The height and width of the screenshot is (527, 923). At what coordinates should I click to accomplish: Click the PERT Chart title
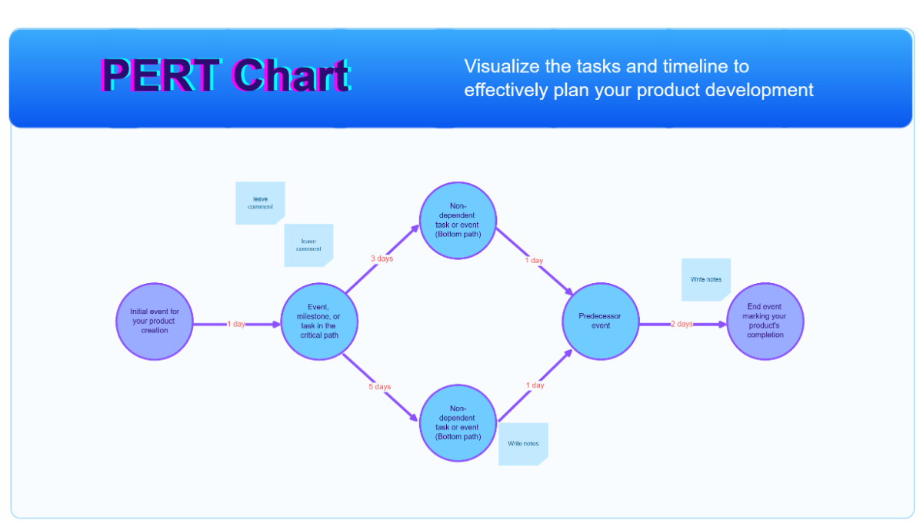pyautogui.click(x=225, y=76)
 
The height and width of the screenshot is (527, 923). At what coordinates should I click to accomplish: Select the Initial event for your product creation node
pyautogui.click(x=155, y=322)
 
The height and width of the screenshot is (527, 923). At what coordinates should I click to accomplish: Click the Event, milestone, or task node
pyautogui.click(x=318, y=322)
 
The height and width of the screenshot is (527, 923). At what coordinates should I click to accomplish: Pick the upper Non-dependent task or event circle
pyautogui.click(x=458, y=220)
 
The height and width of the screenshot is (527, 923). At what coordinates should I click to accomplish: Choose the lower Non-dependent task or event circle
pyautogui.click(x=458, y=423)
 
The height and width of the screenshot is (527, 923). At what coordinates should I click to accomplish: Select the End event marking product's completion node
pyautogui.click(x=765, y=322)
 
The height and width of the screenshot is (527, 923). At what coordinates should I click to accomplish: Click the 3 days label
pyautogui.click(x=382, y=259)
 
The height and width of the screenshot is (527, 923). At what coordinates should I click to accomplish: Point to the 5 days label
pyautogui.click(x=379, y=386)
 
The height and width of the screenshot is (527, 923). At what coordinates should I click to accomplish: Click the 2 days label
pyautogui.click(x=681, y=324)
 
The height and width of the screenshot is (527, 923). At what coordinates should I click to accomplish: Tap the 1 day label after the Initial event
pyautogui.click(x=236, y=324)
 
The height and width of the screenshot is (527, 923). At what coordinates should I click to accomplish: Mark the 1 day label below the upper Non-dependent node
pyautogui.click(x=534, y=261)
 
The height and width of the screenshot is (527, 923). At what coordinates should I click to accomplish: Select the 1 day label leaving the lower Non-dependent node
pyautogui.click(x=535, y=385)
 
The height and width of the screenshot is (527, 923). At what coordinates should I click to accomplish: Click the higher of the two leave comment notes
pyautogui.click(x=260, y=203)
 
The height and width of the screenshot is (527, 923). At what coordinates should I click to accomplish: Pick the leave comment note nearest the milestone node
pyautogui.click(x=308, y=245)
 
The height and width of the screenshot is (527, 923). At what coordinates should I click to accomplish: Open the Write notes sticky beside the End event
pyautogui.click(x=705, y=279)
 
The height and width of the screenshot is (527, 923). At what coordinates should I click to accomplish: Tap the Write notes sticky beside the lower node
pyautogui.click(x=523, y=444)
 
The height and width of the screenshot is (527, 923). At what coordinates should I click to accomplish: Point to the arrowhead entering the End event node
pyautogui.click(x=721, y=324)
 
